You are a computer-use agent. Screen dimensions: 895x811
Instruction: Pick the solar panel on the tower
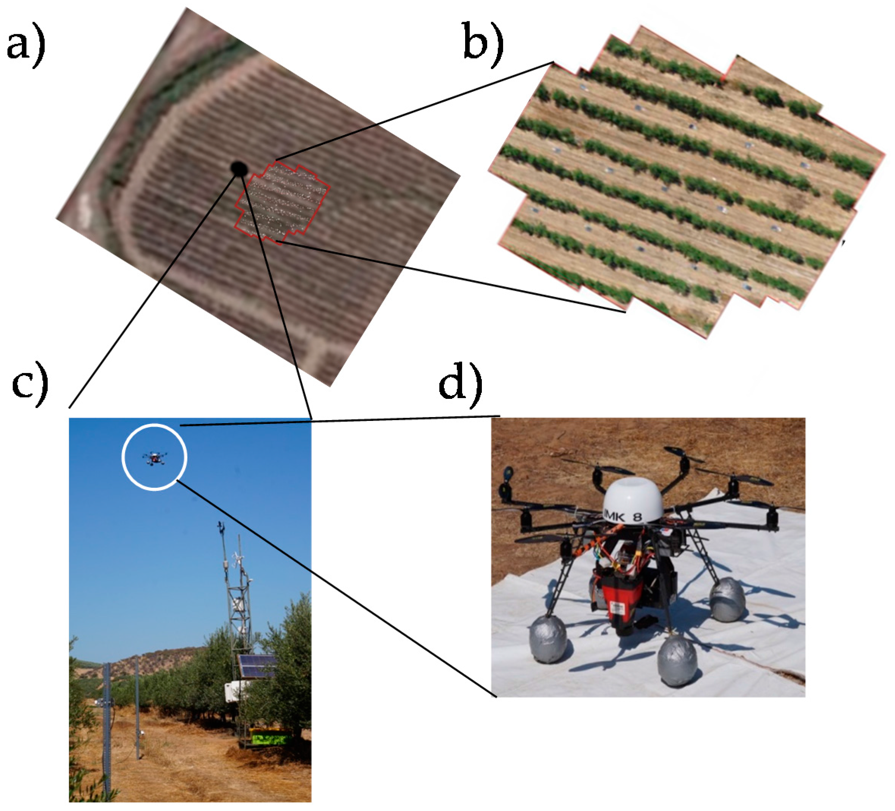point(256,666)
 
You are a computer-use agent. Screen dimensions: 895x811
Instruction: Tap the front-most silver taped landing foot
point(677,664)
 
